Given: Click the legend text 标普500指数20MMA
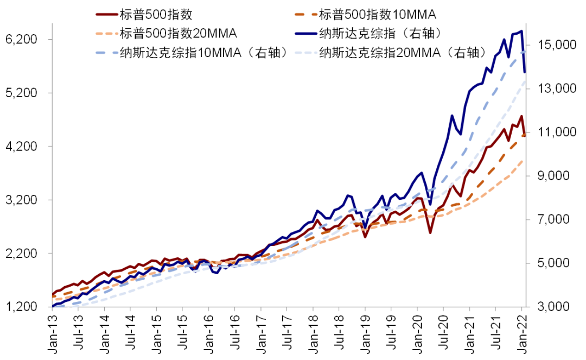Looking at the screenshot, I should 178,34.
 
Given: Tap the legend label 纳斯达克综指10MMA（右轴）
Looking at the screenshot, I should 203,53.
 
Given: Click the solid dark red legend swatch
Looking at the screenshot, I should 106,14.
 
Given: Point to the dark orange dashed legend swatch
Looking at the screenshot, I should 306,14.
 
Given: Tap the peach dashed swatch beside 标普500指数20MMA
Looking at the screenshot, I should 106,34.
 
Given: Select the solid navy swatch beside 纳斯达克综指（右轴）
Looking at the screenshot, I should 305,34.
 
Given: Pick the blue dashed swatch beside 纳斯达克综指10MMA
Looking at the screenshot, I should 106,53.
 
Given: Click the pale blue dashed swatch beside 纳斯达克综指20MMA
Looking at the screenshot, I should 305,53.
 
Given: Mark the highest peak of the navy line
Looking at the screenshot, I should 521,31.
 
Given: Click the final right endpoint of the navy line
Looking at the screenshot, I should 525,72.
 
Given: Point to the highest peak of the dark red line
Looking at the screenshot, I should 522,116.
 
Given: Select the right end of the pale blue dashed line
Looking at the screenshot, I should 525,80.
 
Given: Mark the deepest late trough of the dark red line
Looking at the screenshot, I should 430,232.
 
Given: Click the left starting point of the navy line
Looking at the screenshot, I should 53,307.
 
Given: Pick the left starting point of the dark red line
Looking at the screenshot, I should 53,295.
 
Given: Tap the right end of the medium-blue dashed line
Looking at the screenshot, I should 525,50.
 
